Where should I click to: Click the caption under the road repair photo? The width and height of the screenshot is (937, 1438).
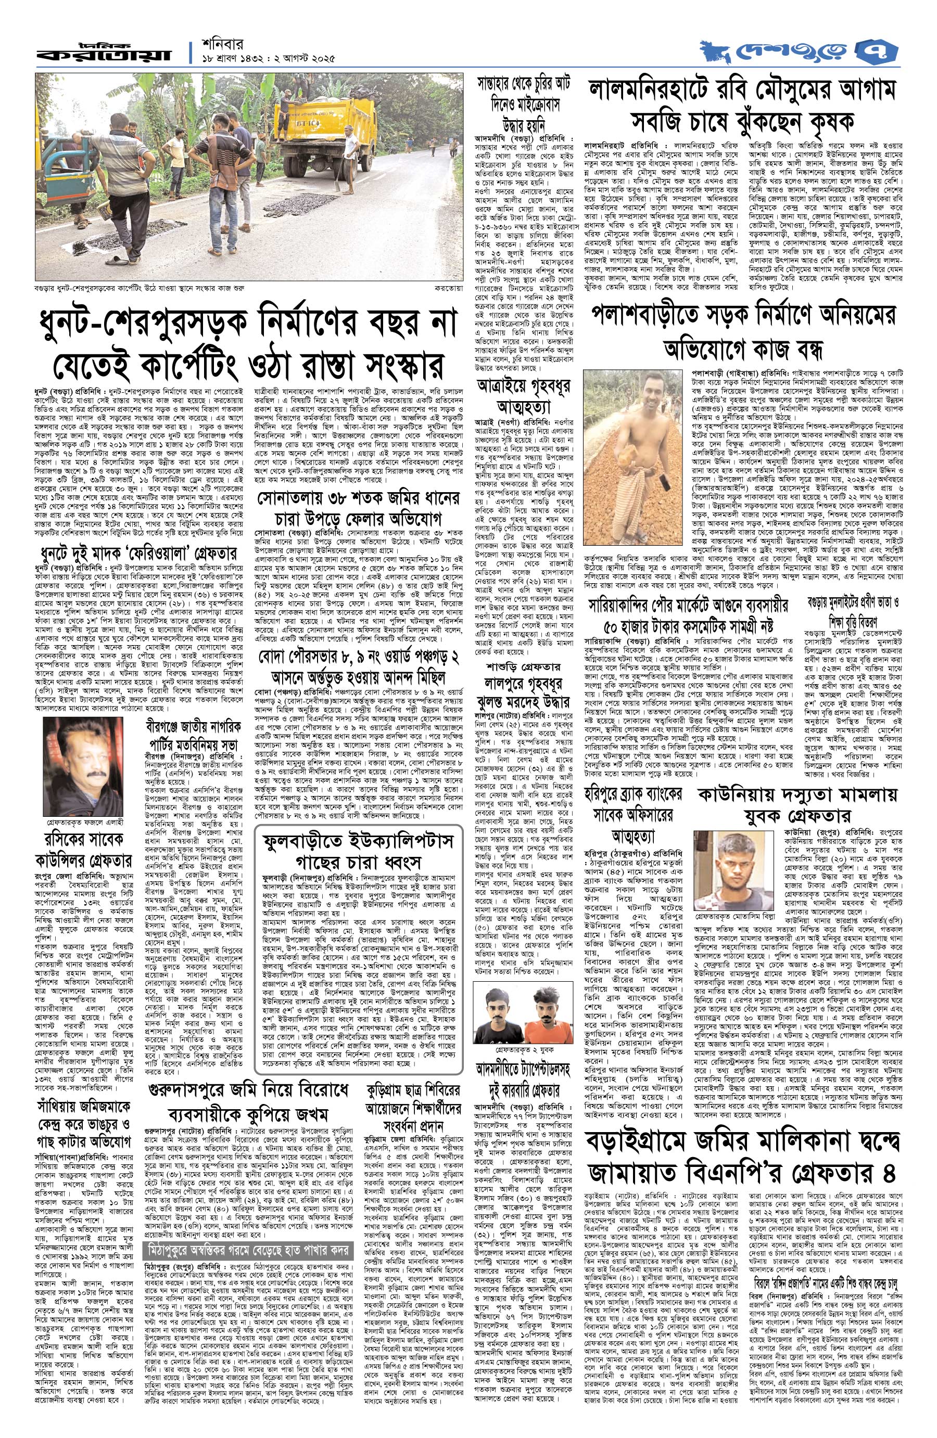[140, 289]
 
